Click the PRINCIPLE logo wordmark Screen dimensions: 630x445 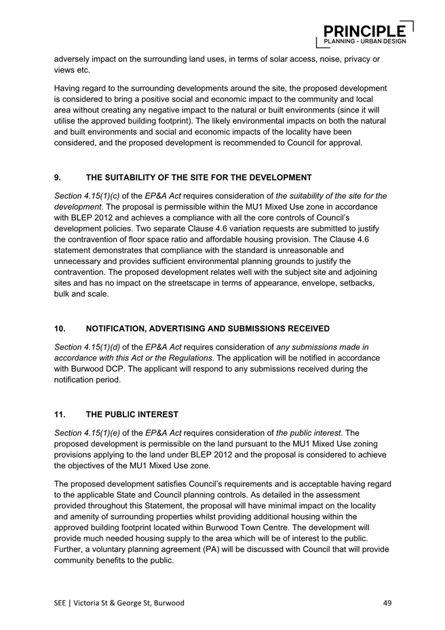coord(364,31)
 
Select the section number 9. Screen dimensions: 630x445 coord(58,178)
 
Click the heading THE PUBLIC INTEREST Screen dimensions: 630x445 coord(132,414)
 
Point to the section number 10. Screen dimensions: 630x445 coord(60,329)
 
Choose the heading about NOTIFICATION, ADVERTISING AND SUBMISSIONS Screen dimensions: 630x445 coord(208,329)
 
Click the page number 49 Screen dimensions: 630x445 coord(387,602)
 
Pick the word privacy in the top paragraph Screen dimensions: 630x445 coord(352,59)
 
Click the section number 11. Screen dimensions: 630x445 coord(60,414)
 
